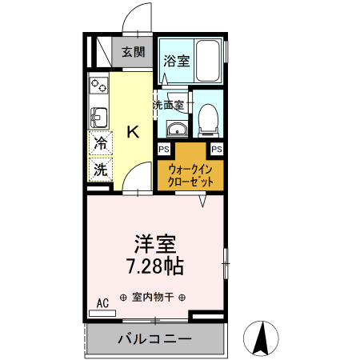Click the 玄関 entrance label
[x=134, y=53]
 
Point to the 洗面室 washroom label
[x=169, y=105]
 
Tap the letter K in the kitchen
[x=134, y=132]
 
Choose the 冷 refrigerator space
[x=101, y=144]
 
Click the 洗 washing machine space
[x=101, y=170]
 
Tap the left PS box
[x=163, y=149]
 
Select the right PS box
[x=217, y=149]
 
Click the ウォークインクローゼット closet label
[x=190, y=175]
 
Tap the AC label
[x=102, y=302]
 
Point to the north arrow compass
[x=261, y=338]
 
